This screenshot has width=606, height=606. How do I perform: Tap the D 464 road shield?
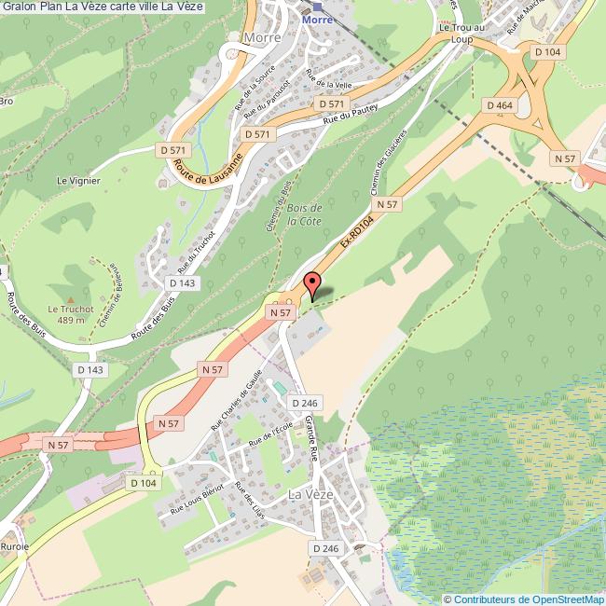[501, 106]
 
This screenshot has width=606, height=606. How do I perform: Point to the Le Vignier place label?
[77, 181]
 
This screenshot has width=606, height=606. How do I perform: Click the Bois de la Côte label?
[304, 214]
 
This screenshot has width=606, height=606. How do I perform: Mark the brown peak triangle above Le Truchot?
[71, 274]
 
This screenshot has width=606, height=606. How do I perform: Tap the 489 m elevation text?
[71, 321]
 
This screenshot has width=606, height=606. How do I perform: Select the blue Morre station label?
[317, 19]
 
